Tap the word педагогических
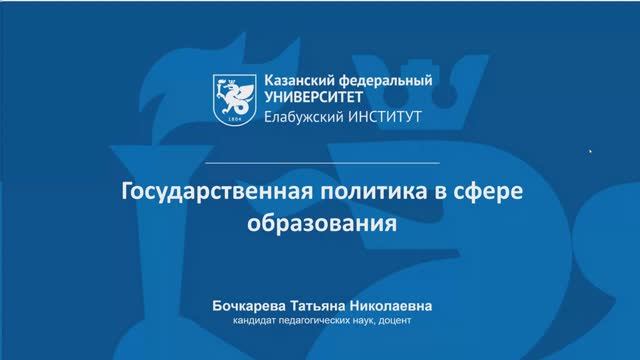click(x=317, y=321)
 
